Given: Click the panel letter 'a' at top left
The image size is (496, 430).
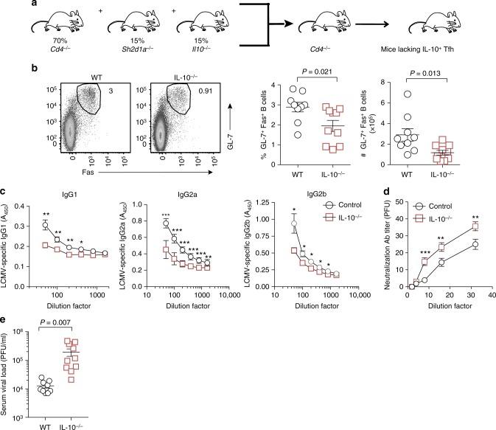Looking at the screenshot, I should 5,5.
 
